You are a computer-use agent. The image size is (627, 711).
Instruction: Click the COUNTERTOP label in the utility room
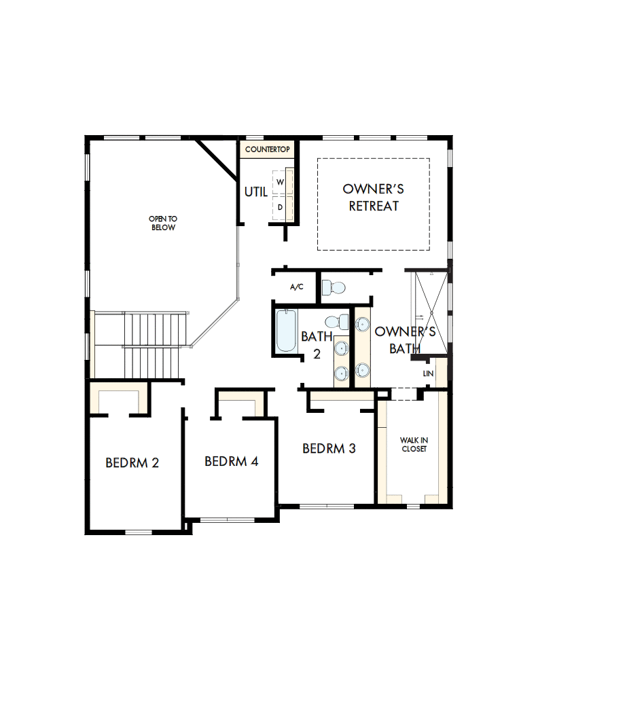click(x=268, y=149)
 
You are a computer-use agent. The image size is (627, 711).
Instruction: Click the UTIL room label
click(x=256, y=192)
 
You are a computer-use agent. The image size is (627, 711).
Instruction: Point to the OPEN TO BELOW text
click(x=164, y=223)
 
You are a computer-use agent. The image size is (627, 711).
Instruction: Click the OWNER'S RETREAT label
click(x=374, y=197)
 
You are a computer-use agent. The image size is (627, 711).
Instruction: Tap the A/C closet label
click(x=297, y=287)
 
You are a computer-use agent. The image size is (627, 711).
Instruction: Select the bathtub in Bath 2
click(x=286, y=331)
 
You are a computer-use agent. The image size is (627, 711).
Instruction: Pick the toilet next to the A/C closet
click(x=333, y=289)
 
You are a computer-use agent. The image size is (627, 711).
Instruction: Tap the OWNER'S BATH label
click(x=405, y=340)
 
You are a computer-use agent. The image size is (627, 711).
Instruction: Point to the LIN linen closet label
click(x=428, y=374)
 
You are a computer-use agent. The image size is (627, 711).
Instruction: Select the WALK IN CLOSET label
click(x=414, y=445)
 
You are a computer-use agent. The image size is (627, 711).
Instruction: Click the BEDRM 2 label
click(x=132, y=463)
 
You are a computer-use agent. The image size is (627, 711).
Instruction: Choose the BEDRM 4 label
click(x=232, y=462)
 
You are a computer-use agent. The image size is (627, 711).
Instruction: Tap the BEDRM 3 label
click(x=329, y=448)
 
